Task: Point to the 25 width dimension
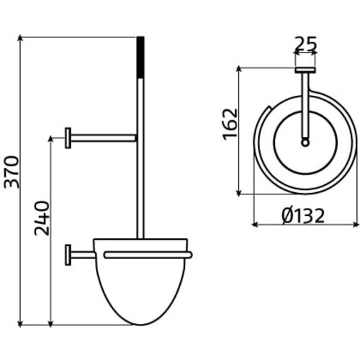coord(305,45)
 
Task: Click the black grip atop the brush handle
coord(140,57)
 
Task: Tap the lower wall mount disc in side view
coord(68,254)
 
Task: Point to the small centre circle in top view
coord(305,143)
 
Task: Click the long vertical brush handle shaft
coord(140,158)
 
